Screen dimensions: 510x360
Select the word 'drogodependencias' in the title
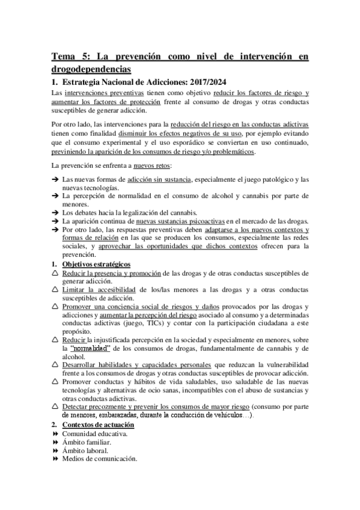point(91,70)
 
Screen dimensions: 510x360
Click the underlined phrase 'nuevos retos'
point(151,165)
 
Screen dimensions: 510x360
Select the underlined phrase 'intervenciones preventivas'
point(112,93)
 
